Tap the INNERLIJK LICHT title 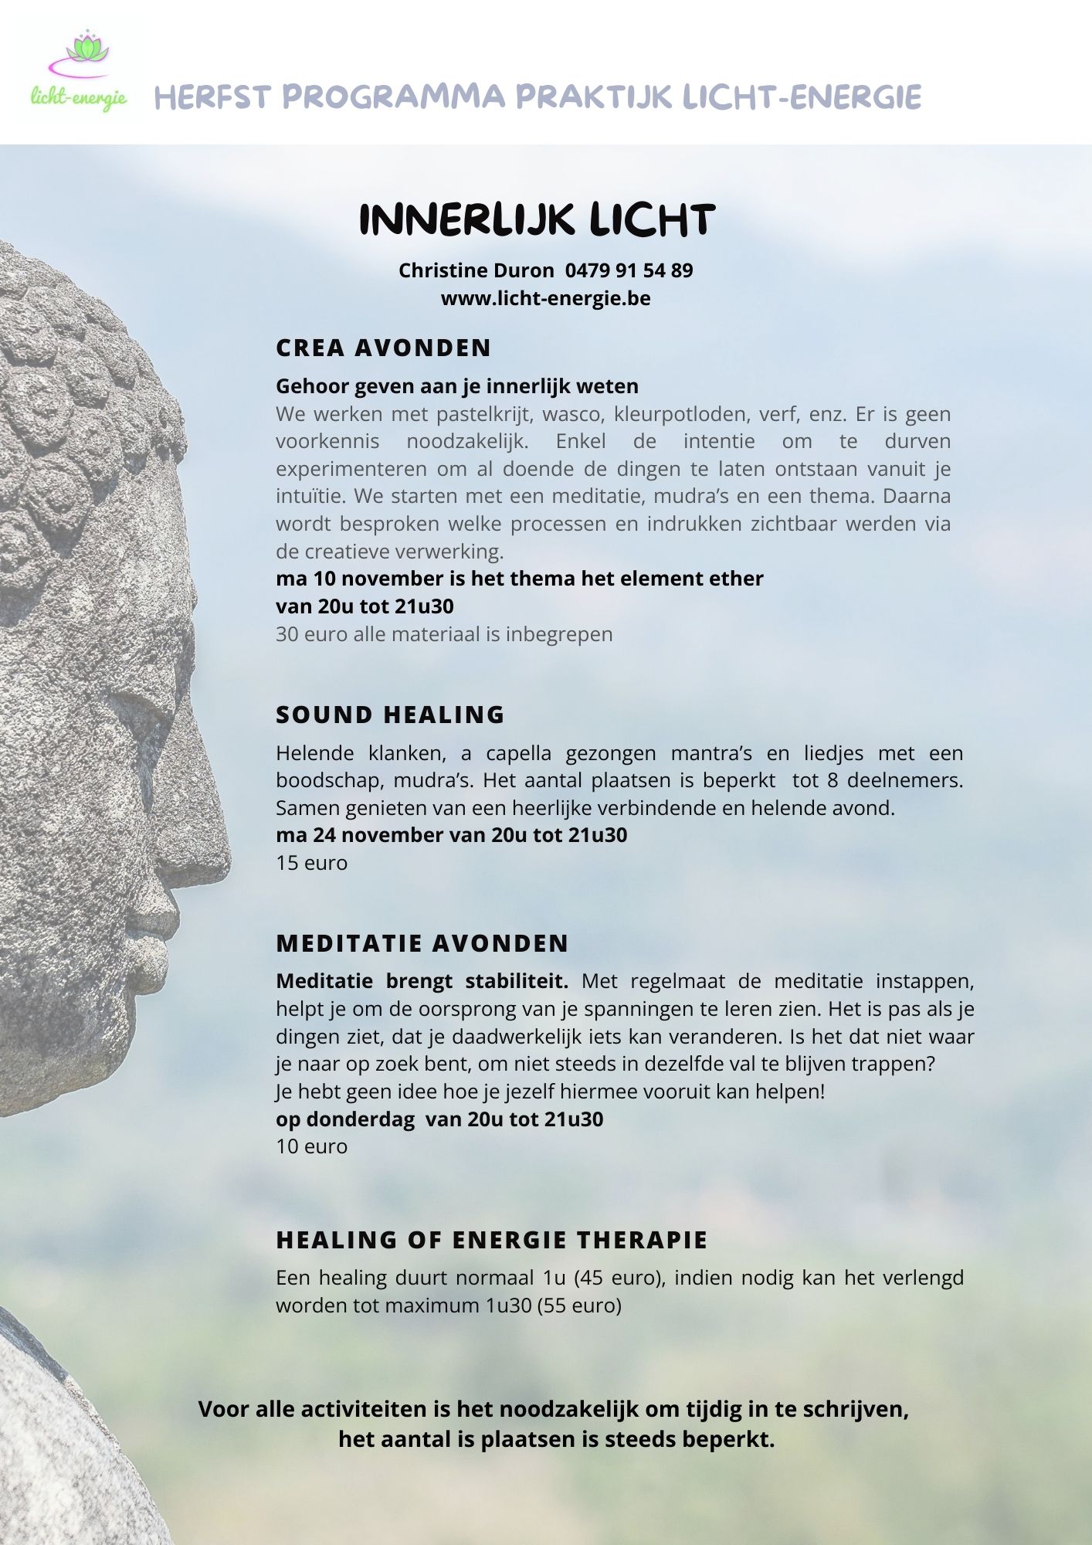537,220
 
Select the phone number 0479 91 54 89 629,270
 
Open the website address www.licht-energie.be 545,298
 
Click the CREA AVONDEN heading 383,348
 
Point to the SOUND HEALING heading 390,715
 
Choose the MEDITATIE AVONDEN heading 422,943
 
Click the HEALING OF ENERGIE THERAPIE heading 492,1240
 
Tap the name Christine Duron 476,270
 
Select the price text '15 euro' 312,863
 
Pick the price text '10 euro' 312,1146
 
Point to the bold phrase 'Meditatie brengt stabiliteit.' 422,981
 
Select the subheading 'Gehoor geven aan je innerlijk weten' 457,386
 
